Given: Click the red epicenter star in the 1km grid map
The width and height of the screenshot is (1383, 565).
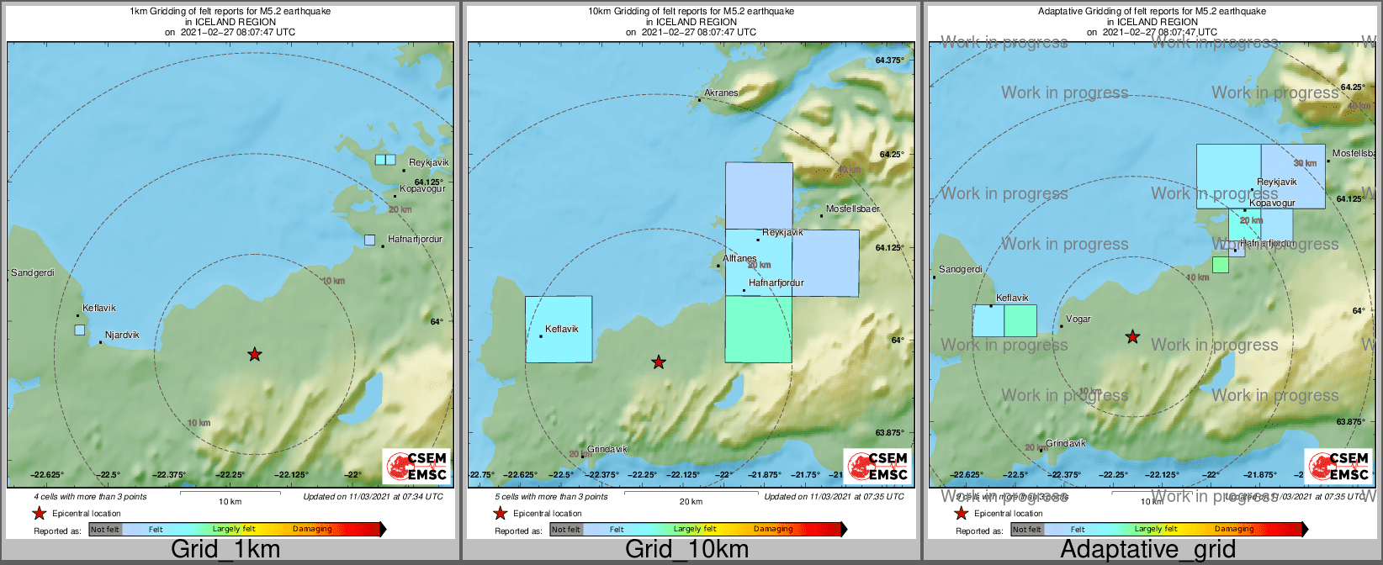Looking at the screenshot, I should pos(254,355).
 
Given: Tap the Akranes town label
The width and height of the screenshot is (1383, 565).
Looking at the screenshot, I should pos(721,92).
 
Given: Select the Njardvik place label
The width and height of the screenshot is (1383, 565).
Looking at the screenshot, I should pos(122,335).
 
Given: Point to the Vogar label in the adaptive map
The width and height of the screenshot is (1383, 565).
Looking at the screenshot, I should pos(1078,319).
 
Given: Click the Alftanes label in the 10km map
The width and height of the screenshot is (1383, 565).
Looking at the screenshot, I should pos(739,258).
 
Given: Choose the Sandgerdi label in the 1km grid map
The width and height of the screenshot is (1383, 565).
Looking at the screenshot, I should pos(32,272).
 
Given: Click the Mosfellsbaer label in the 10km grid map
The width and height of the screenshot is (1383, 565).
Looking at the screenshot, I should pos(852,209).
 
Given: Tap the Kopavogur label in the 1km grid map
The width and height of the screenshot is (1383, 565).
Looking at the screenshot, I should pos(422,188).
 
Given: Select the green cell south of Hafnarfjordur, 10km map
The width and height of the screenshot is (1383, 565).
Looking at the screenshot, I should pos(758,329).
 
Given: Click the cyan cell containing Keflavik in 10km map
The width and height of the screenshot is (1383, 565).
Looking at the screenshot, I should pos(559,329).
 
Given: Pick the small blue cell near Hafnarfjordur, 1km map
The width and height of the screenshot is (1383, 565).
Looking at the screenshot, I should pos(369,240).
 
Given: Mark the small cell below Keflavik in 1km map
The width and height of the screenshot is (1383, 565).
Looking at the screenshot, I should pos(80,330).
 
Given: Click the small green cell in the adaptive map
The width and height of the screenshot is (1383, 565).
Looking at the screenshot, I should pos(1220,265).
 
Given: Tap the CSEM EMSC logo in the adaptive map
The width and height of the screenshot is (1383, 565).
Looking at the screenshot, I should pos(1332,466).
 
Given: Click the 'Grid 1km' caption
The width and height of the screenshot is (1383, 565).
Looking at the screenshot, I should pos(225,550).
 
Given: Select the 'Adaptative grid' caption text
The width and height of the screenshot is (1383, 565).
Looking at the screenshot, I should pos(1147,550).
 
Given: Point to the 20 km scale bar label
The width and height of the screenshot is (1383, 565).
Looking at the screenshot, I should pos(691,502).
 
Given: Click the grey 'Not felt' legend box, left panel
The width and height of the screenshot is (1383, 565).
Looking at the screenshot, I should pos(105,530).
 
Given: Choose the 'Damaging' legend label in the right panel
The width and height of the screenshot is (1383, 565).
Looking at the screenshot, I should pos(1234,530).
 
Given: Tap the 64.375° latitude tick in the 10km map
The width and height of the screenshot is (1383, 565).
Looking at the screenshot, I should pos(889,61).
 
